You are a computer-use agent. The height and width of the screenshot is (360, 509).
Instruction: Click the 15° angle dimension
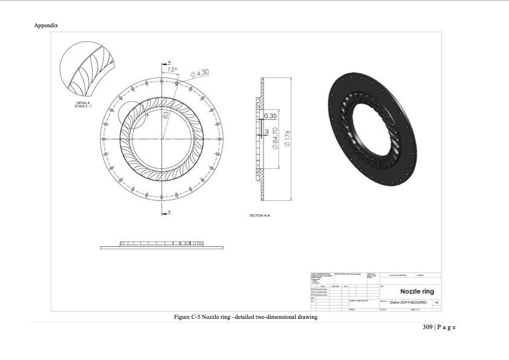[x=172, y=70]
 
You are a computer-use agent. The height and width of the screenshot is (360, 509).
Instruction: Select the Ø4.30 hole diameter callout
[x=199, y=74]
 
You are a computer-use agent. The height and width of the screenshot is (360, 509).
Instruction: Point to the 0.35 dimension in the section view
[x=270, y=115]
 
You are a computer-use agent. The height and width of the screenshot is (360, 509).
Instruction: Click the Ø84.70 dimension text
[x=275, y=140]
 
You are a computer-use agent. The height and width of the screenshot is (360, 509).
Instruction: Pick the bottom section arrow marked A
[x=169, y=211]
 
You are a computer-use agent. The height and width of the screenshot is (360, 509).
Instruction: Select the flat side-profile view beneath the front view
[x=161, y=245]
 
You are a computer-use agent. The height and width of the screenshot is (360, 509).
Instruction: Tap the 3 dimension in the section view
[x=267, y=131]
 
